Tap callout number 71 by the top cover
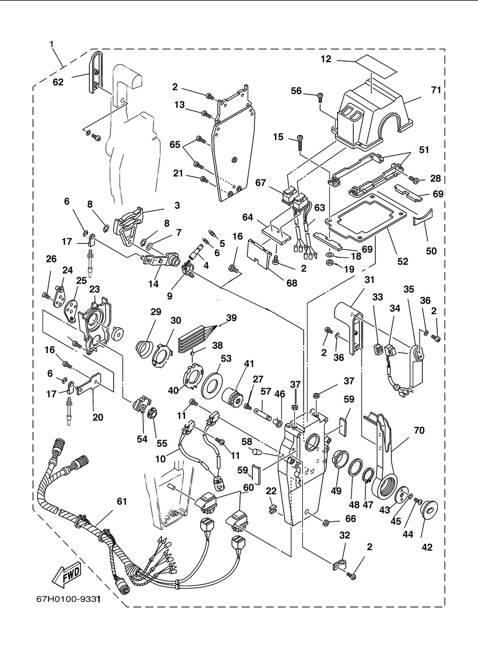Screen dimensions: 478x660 (436, 90)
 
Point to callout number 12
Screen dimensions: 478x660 (326, 59)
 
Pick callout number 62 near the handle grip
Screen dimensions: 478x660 (58, 82)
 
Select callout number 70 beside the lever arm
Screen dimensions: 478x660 (419, 431)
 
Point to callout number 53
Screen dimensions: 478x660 (226, 358)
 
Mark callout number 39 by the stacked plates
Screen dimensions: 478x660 (232, 318)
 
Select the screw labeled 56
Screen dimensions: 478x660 (321, 97)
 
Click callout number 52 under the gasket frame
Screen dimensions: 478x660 (403, 262)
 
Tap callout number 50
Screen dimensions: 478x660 (431, 251)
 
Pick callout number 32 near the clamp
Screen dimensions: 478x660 (345, 535)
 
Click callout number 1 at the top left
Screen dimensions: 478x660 (52, 44)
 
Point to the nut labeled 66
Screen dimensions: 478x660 (326, 523)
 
